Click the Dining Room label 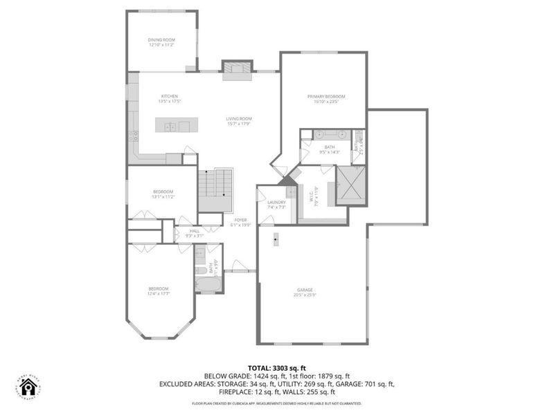coord(162,40)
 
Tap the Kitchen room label coord(170,96)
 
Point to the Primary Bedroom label coord(326,96)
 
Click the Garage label coord(305,289)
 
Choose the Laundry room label coord(276,202)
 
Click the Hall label coord(195,231)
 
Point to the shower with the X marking coord(351,185)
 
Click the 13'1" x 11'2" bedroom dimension coord(163,196)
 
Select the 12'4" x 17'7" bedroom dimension coord(158,294)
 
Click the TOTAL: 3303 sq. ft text coord(276,367)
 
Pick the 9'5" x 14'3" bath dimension coord(329,151)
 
